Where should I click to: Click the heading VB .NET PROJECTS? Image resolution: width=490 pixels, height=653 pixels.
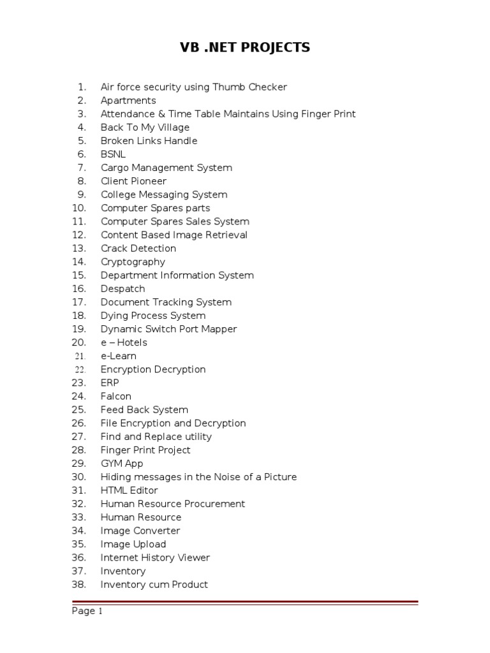click(x=245, y=47)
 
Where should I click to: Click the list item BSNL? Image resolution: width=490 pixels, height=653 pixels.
click(x=114, y=154)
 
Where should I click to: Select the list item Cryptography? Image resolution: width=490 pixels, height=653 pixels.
click(x=133, y=262)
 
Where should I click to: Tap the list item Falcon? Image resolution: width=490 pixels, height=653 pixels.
click(x=116, y=397)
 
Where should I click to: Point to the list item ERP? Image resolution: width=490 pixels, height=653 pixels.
click(x=110, y=383)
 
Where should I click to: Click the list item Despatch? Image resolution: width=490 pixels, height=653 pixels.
click(x=123, y=289)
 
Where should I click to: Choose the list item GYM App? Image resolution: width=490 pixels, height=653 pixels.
click(x=122, y=464)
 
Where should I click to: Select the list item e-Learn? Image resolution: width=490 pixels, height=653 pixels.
click(x=119, y=356)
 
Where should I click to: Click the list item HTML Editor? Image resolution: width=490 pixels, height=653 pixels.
click(x=130, y=490)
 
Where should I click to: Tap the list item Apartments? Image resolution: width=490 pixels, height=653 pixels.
click(x=128, y=101)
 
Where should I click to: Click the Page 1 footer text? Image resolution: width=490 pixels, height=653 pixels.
click(x=87, y=612)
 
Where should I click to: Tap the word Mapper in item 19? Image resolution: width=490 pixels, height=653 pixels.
click(x=218, y=329)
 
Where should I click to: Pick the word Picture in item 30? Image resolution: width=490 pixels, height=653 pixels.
click(x=279, y=477)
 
